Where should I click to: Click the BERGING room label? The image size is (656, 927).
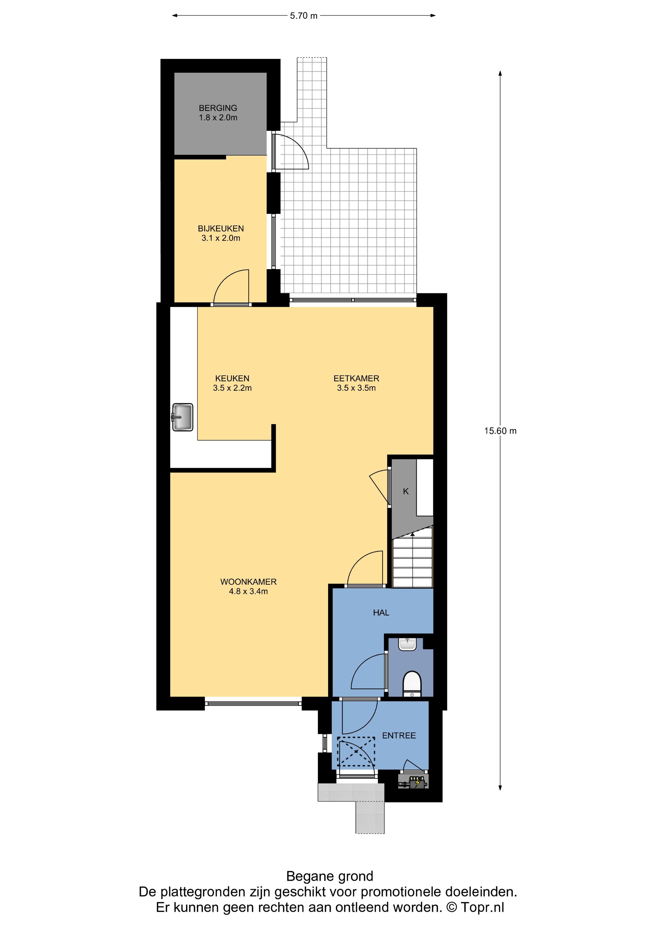click(218, 108)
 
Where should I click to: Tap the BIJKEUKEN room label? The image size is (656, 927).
click(221, 229)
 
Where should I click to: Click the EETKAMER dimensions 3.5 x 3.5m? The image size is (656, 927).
click(356, 388)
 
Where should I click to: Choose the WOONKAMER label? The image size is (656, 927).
click(248, 582)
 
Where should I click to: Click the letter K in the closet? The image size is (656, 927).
click(406, 491)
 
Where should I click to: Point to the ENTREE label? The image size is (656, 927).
click(399, 735)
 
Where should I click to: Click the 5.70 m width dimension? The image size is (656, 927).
click(303, 16)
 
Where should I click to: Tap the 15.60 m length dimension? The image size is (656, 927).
click(500, 431)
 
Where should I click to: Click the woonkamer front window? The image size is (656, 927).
click(253, 704)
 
